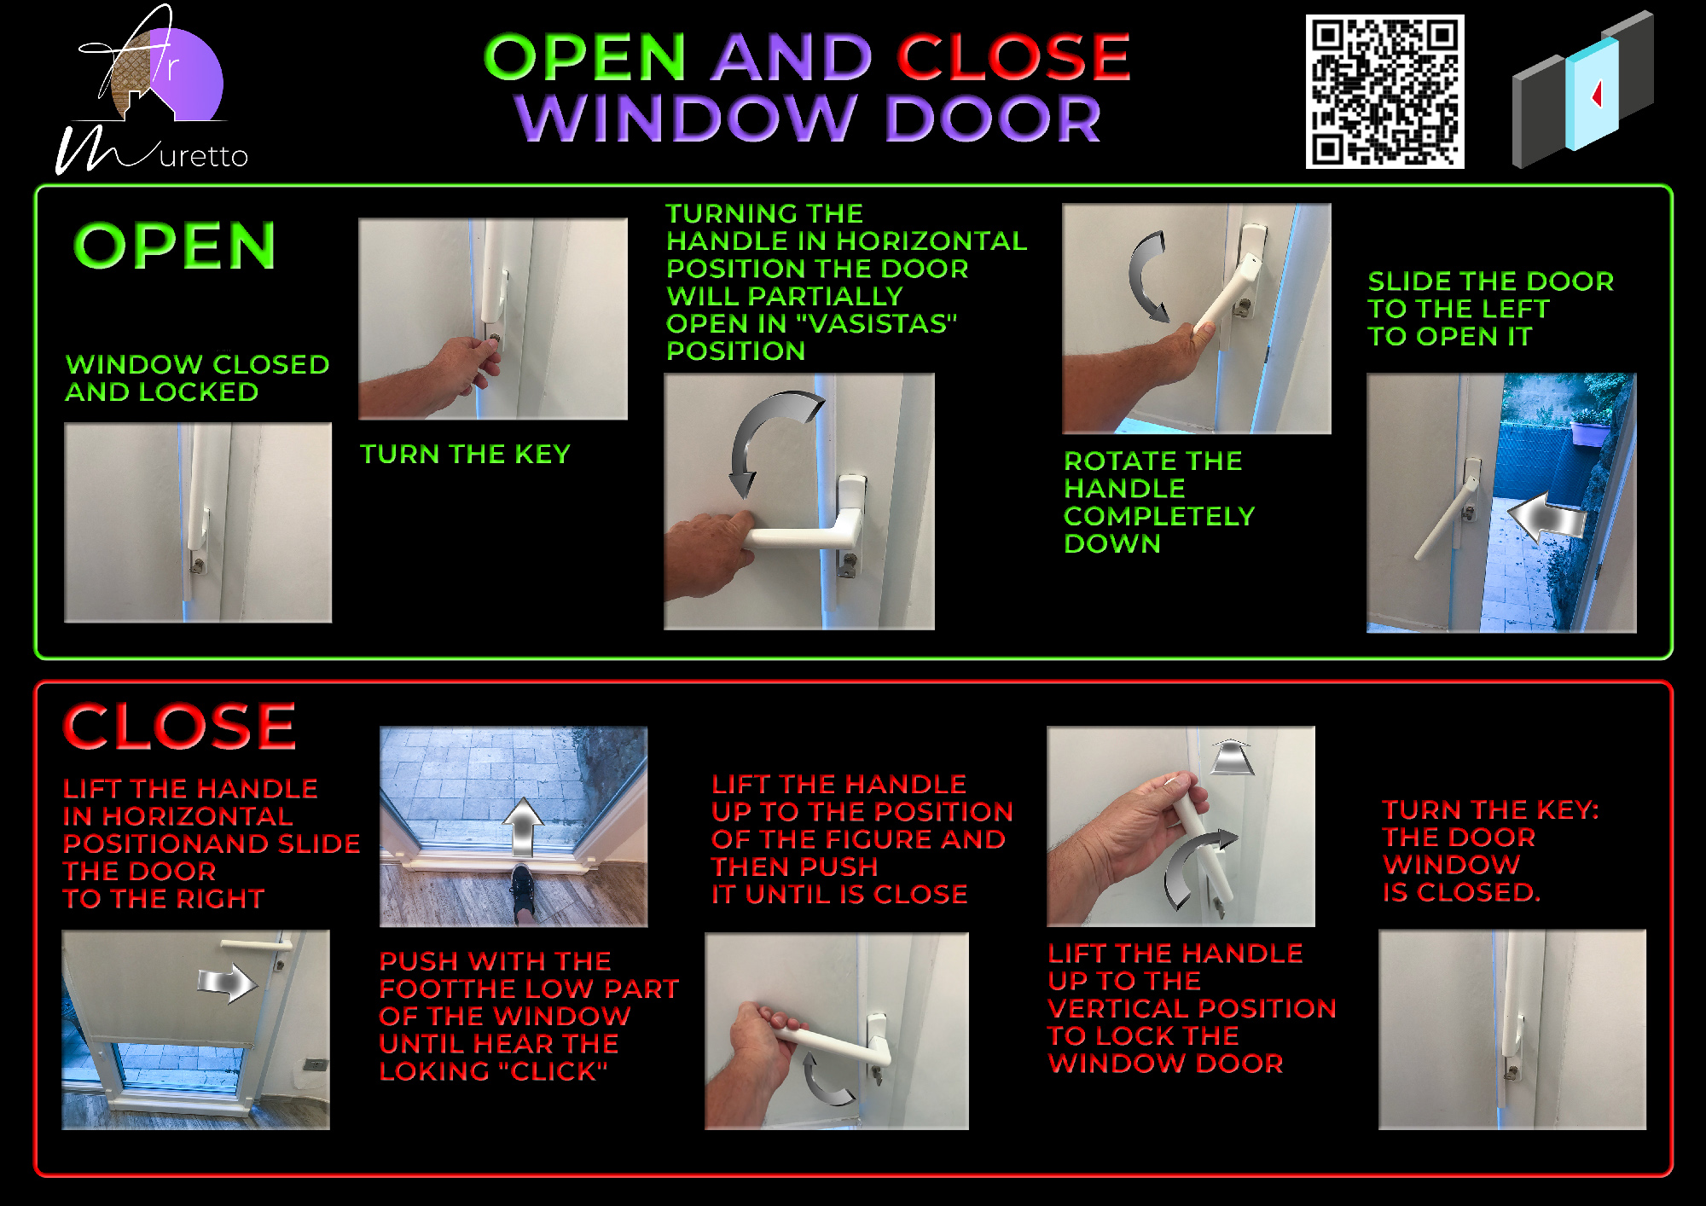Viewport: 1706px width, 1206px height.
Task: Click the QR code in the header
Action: click(1384, 91)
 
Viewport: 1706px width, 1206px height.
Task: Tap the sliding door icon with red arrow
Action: click(1583, 90)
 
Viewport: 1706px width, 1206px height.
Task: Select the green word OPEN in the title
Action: click(585, 57)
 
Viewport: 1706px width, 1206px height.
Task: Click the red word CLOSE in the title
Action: click(1013, 57)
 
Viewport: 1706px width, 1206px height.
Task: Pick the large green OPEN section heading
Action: click(175, 246)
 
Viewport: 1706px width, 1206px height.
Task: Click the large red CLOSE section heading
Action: click(179, 727)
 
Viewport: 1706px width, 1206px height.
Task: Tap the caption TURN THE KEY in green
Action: click(465, 454)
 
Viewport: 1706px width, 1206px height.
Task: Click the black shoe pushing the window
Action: click(522, 892)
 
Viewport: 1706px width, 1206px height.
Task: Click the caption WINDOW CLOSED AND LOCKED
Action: click(197, 378)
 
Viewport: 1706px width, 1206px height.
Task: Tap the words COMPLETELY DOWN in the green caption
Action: click(1159, 530)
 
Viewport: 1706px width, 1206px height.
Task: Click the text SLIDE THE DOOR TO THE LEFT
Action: click(1490, 295)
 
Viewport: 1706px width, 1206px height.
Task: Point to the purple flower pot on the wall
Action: click(1589, 431)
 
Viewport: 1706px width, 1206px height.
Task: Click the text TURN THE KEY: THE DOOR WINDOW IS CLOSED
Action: click(1490, 851)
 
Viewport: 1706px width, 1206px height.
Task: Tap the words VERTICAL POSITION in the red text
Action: click(1192, 1009)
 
